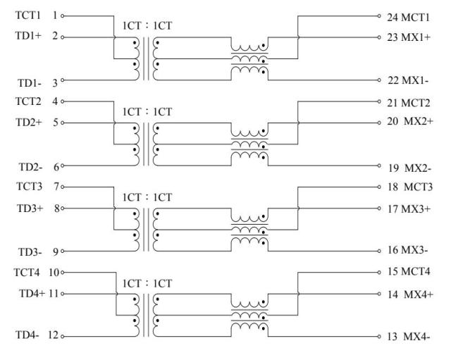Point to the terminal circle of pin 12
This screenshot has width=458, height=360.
[63, 336]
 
